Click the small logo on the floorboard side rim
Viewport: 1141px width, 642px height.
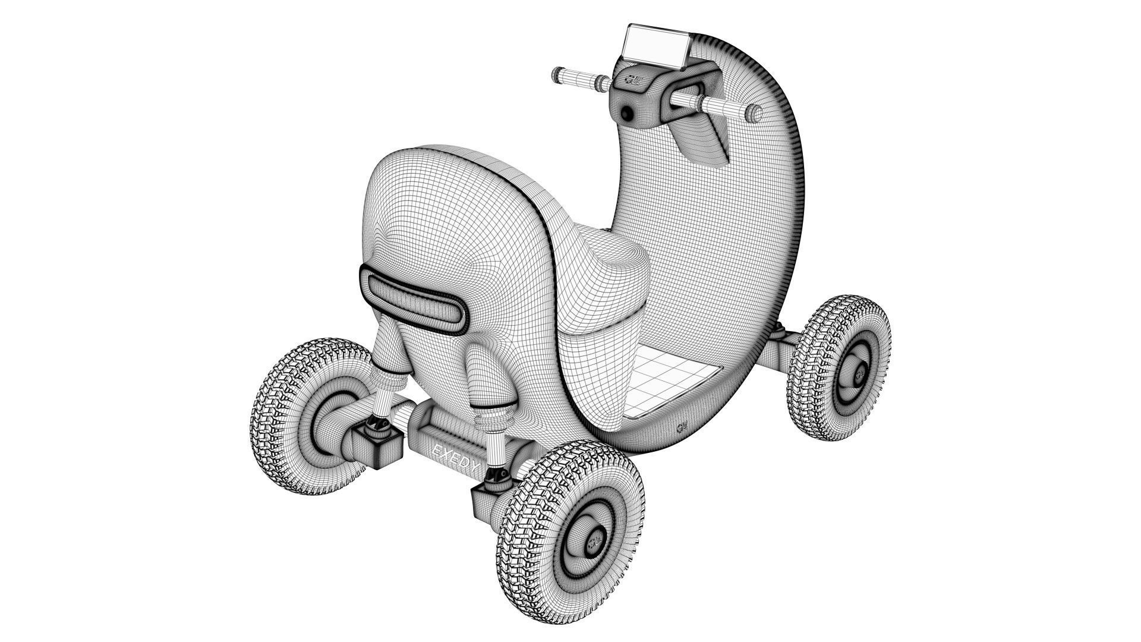tap(682, 427)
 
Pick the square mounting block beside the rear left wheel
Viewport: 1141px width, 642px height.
tap(378, 447)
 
